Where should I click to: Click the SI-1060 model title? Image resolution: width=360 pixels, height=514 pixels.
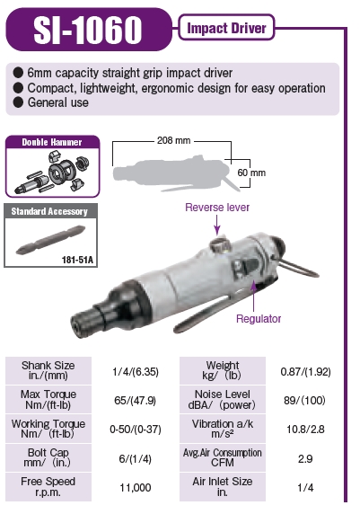(87, 29)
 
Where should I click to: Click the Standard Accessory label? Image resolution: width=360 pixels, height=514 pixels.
(48, 212)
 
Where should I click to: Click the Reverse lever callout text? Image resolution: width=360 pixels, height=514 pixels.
(216, 208)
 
